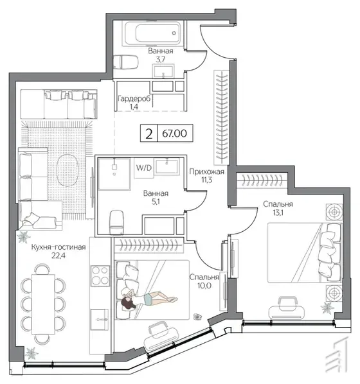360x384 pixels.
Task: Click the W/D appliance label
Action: (144, 168)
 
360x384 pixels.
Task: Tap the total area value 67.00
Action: (174, 134)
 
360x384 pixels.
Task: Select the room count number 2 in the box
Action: (149, 134)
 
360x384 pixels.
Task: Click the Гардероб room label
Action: (134, 99)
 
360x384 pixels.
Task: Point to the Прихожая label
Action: (206, 171)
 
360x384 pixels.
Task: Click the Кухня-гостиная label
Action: (59, 247)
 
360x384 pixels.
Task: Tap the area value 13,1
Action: (278, 213)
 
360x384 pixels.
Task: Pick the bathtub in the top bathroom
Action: (154, 33)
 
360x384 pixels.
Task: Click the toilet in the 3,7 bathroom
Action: (126, 62)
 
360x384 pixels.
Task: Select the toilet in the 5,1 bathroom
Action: (117, 222)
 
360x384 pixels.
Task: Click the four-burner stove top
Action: (100, 275)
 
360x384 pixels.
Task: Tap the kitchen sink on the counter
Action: (99, 319)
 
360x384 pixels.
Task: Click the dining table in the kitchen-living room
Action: (44, 304)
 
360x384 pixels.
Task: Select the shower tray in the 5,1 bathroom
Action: (114, 174)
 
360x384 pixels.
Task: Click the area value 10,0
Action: (204, 286)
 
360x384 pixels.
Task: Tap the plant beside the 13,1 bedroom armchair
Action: (327, 308)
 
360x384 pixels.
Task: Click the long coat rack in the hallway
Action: (222, 118)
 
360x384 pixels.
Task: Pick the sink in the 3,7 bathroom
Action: (163, 71)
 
